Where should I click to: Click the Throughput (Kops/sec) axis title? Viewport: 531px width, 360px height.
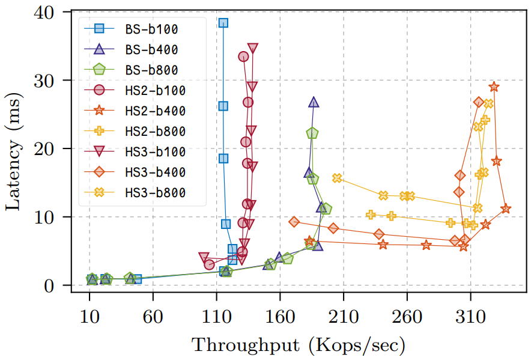click(299, 345)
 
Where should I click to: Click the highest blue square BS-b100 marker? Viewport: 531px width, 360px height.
click(223, 23)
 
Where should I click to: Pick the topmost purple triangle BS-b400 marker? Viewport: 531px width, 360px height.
click(314, 102)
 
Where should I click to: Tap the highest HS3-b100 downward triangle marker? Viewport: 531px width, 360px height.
click(253, 48)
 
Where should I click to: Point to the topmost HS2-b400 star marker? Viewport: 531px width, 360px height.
click(494, 87)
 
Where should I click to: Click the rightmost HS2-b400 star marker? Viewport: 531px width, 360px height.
click(506, 209)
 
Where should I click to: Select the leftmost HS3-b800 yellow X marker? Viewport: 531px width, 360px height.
click(337, 178)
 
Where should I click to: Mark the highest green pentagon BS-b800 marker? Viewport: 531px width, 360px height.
click(312, 133)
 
